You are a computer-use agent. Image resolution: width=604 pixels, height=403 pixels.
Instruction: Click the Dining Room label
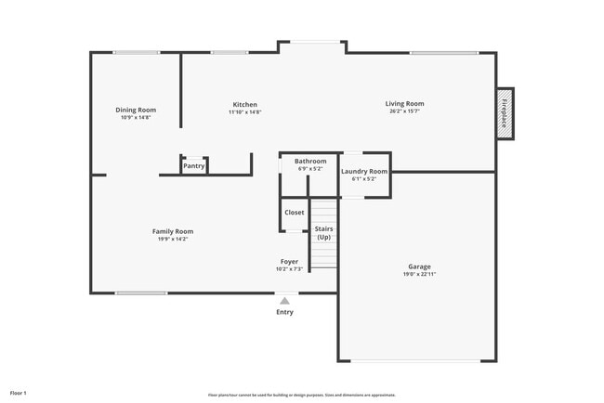[136, 110]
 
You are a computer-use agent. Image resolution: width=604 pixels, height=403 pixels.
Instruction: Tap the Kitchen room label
[245, 104]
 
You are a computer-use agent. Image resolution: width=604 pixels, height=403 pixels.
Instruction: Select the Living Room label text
[405, 103]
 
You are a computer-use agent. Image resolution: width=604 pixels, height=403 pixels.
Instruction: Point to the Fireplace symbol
[506, 114]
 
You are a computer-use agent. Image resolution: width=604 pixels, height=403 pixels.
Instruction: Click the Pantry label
[193, 166]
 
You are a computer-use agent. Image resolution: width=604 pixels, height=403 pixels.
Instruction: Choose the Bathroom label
[310, 161]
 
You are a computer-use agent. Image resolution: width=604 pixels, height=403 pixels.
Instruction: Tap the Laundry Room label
[364, 171]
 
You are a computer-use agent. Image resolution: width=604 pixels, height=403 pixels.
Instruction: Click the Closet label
[294, 213]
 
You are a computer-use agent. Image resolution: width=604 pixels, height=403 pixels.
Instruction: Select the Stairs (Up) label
[323, 232]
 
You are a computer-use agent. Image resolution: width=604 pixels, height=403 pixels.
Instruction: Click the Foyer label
[289, 262]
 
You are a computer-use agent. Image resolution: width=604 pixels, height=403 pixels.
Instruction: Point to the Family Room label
[173, 231]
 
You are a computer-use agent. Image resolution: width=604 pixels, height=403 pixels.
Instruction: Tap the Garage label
[419, 266]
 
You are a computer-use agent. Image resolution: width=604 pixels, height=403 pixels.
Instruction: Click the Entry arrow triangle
[284, 300]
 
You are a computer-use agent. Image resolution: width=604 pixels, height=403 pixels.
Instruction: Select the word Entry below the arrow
[284, 312]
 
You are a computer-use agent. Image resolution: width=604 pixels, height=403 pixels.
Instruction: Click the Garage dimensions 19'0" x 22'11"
[419, 275]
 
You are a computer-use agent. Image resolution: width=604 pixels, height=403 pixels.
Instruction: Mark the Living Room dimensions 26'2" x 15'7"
[405, 111]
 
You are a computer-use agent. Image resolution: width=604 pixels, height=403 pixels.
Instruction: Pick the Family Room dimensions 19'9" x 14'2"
[173, 240]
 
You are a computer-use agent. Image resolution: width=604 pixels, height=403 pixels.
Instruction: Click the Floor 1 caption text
[19, 394]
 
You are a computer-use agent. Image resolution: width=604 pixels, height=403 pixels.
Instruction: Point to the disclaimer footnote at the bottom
[302, 395]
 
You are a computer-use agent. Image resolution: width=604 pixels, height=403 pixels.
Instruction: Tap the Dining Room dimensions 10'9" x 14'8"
[136, 118]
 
